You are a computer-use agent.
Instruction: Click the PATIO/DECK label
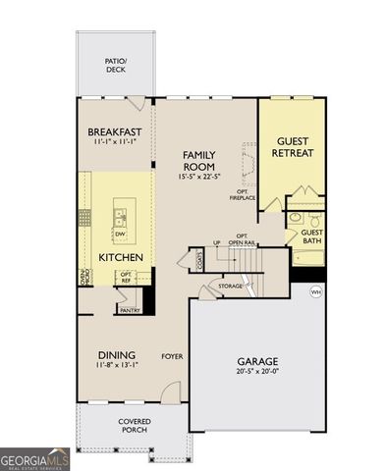[117, 65]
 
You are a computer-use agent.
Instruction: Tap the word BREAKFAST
[115, 132]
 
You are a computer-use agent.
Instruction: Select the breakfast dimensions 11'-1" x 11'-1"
[115, 144]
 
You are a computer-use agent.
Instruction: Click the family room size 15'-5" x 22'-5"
[204, 178]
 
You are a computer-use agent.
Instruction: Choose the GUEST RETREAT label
[292, 146]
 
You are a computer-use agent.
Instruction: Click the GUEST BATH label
[312, 237]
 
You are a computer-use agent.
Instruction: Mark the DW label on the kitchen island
[119, 235]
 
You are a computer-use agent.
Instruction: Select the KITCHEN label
[122, 257]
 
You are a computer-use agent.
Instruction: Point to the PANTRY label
[129, 310]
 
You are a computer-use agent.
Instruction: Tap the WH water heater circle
[315, 291]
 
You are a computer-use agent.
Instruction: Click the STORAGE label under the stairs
[231, 287]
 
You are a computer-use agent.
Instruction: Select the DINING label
[116, 354]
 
